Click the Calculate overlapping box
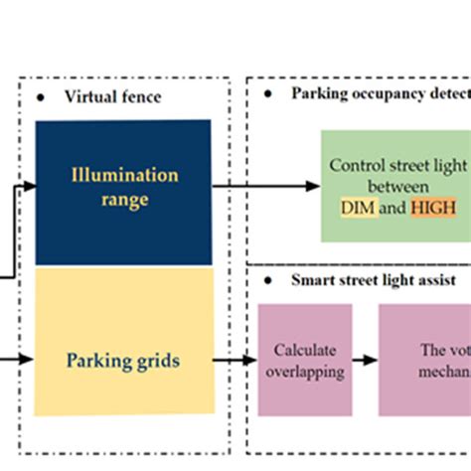click(x=304, y=359)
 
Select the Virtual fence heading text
click(x=111, y=96)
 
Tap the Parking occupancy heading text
click(x=378, y=94)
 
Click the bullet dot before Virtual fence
click(x=40, y=96)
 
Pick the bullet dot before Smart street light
click(x=268, y=280)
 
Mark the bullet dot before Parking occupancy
click(x=268, y=94)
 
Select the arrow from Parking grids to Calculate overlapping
click(x=235, y=359)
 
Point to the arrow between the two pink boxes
click(x=365, y=359)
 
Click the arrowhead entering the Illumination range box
click(x=30, y=186)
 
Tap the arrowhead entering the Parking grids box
click(x=30, y=359)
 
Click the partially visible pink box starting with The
click(x=424, y=359)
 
